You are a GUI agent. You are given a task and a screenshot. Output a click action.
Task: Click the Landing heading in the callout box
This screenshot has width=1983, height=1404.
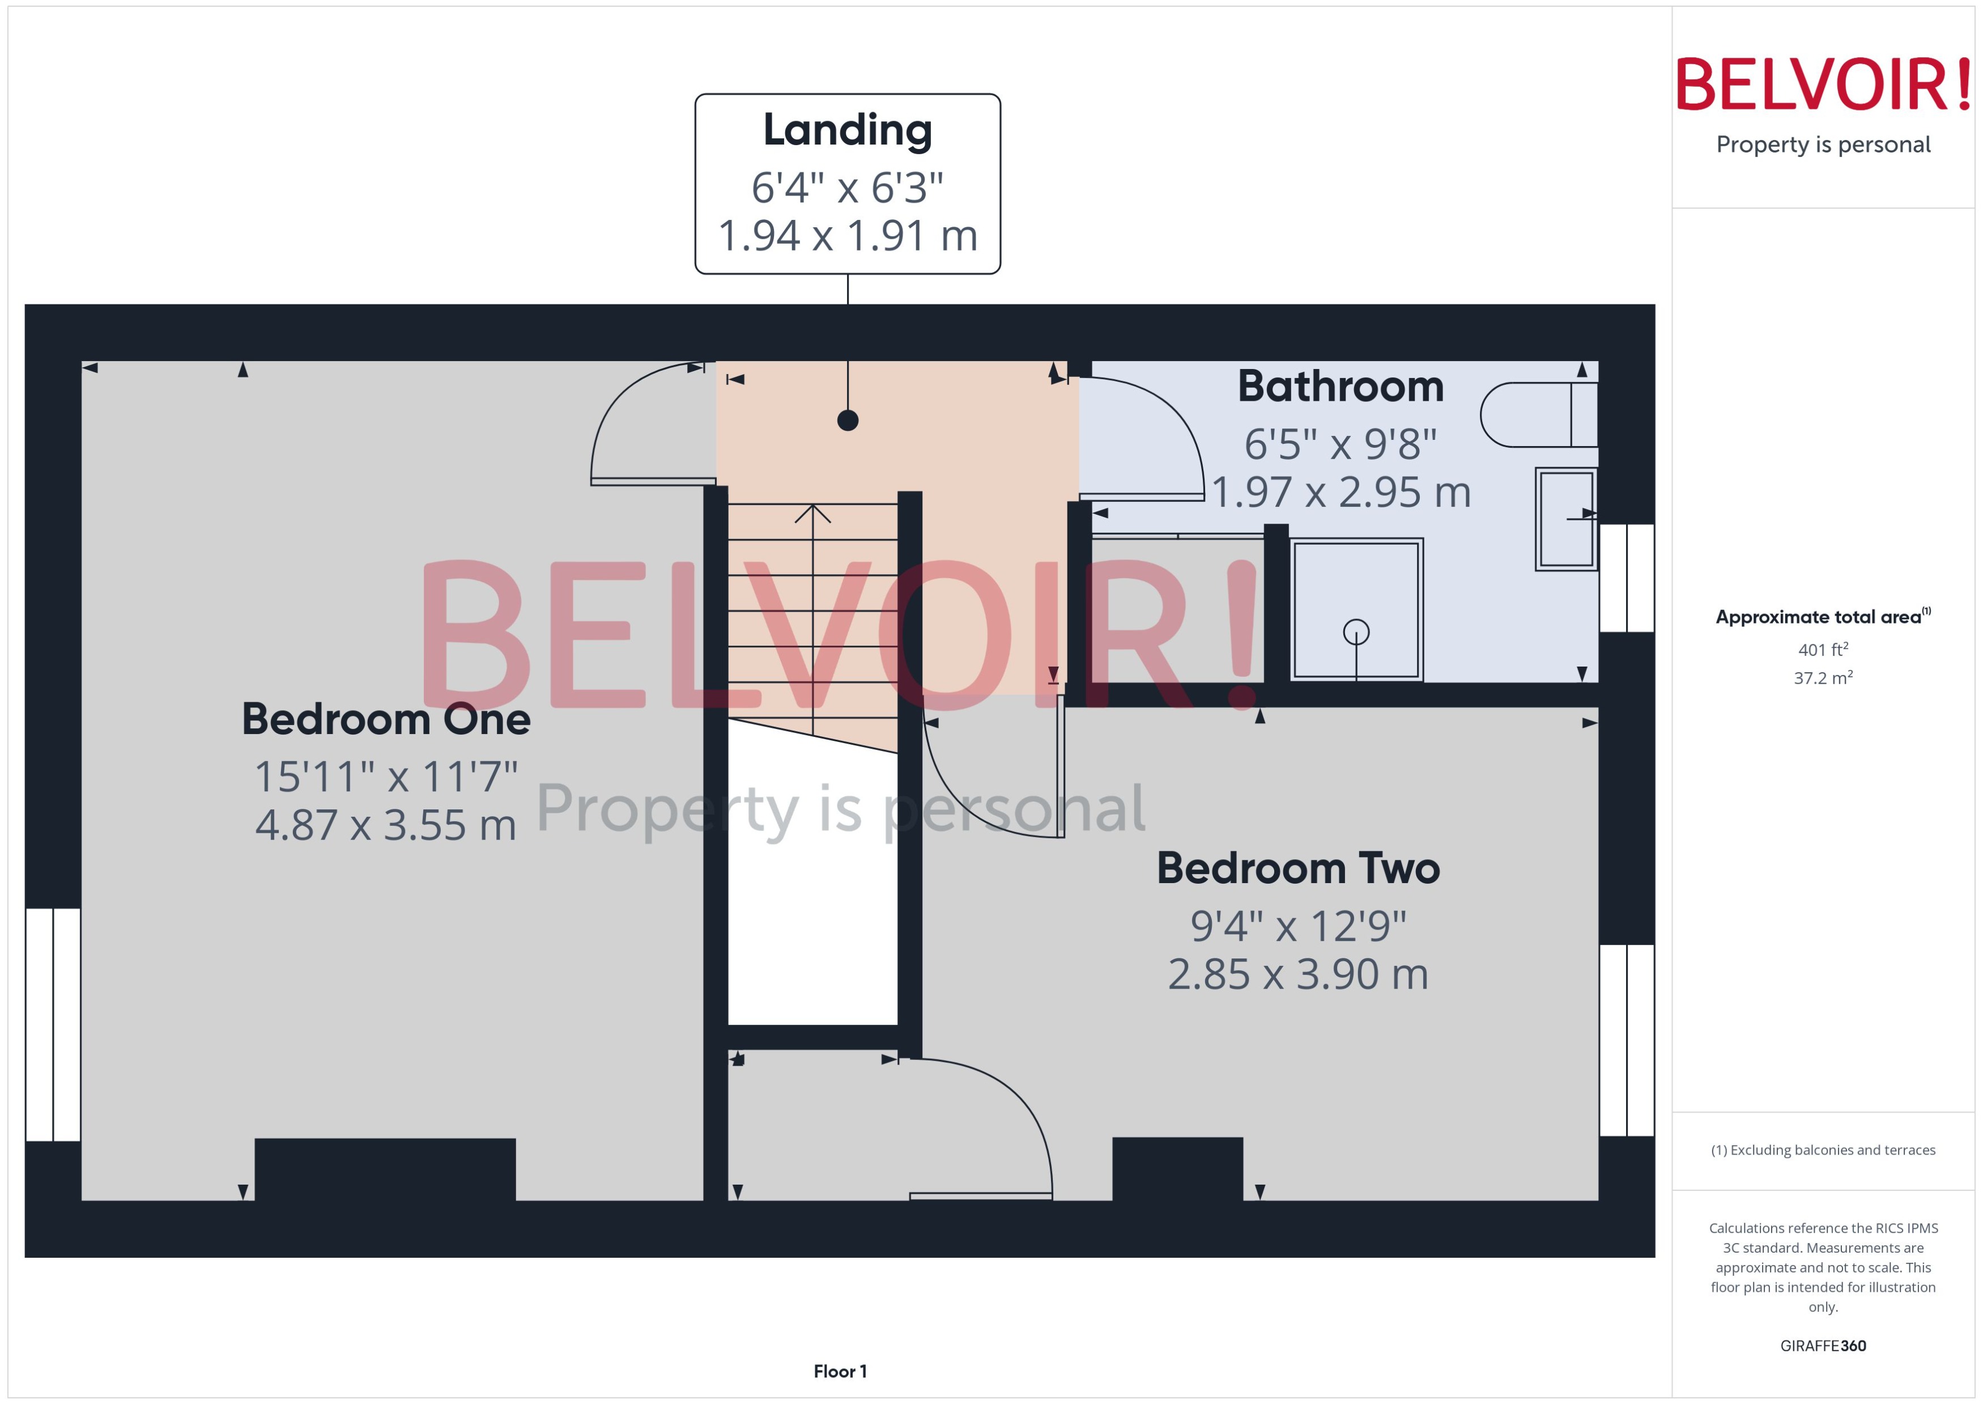pyautogui.click(x=847, y=130)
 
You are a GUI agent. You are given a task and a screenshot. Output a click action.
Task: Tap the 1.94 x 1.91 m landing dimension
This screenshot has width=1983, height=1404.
pyautogui.click(x=847, y=236)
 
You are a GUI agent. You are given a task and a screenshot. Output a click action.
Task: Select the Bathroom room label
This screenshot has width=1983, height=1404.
pyautogui.click(x=1340, y=387)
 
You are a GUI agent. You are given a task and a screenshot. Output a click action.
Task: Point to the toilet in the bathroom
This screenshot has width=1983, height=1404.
pyautogui.click(x=1537, y=415)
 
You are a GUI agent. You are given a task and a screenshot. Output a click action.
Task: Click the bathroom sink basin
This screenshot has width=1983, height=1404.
pyautogui.click(x=1565, y=519)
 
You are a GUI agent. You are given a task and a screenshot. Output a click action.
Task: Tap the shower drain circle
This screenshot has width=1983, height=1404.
pyautogui.click(x=1356, y=632)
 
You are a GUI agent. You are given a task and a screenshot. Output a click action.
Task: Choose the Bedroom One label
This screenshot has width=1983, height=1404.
pyautogui.click(x=385, y=719)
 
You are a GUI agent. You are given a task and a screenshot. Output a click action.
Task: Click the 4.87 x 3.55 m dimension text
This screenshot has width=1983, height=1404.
pyautogui.click(x=385, y=825)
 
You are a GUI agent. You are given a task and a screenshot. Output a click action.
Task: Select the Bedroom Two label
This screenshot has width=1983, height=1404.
pyautogui.click(x=1298, y=869)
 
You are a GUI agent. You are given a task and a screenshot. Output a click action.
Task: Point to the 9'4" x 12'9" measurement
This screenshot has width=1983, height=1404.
pyautogui.click(x=1298, y=926)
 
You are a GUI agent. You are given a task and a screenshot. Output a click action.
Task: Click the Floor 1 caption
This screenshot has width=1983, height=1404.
pyautogui.click(x=840, y=1371)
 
